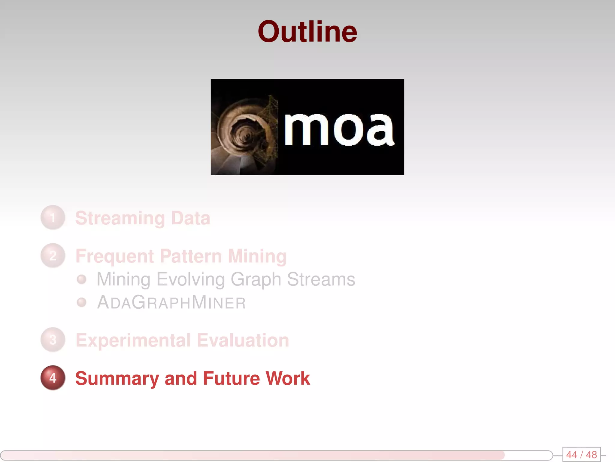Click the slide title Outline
(307, 32)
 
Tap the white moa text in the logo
(339, 129)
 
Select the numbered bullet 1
(53, 217)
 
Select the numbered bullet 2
(53, 256)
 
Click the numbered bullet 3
(53, 340)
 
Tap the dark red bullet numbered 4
(53, 378)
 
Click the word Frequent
(114, 256)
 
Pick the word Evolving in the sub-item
(190, 279)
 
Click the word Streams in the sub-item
(321, 279)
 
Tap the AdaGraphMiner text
(171, 302)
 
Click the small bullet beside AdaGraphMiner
(81, 302)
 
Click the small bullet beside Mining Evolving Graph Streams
(81, 279)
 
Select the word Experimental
(133, 340)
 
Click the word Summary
(117, 378)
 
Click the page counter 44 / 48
(581, 454)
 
